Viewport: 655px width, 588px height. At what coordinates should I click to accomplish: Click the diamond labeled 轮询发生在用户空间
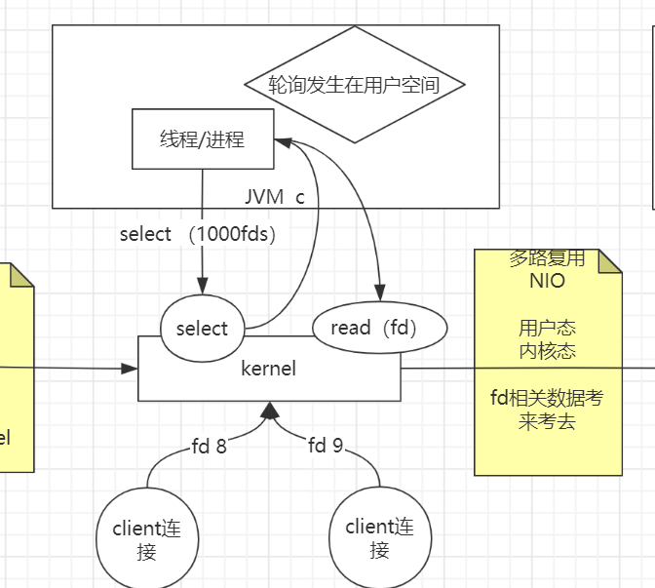(x=354, y=85)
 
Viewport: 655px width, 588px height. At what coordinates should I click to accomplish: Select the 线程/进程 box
(x=203, y=138)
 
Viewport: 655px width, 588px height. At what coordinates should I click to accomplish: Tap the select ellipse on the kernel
(x=202, y=329)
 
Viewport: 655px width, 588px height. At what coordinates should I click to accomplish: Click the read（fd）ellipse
(x=379, y=329)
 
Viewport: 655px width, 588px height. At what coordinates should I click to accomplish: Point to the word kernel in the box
(x=268, y=369)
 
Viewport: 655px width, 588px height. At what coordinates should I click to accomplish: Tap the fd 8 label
(x=209, y=447)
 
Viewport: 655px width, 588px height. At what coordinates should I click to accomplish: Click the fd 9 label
(x=326, y=446)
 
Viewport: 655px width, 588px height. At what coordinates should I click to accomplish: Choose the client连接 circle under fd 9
(x=379, y=537)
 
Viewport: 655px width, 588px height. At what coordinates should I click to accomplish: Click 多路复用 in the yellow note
(x=547, y=258)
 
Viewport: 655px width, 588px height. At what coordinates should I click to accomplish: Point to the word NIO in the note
(x=547, y=281)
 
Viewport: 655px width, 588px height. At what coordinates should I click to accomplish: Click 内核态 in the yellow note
(x=547, y=349)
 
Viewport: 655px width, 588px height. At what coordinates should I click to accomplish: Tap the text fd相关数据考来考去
(x=547, y=410)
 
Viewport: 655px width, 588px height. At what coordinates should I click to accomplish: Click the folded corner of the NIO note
(x=611, y=259)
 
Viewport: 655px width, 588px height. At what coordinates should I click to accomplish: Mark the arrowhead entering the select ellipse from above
(x=202, y=287)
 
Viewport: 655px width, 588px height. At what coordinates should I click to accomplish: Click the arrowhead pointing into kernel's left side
(x=130, y=368)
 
